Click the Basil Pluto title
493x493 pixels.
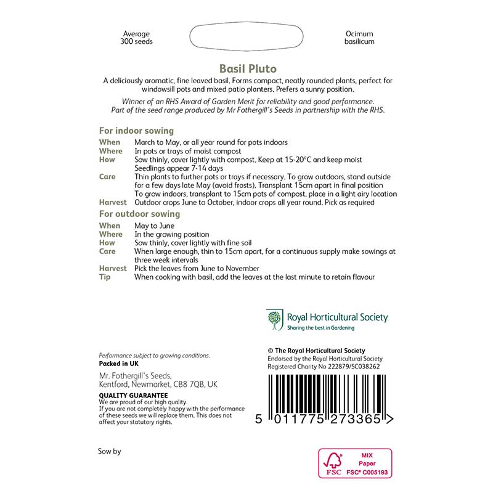248,68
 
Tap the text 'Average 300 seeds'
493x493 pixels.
136,38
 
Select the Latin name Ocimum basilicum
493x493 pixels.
359,38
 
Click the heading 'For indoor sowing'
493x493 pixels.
136,131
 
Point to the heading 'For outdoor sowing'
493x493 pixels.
139,214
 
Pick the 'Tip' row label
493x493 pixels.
105,277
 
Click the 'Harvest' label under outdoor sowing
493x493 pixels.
113,269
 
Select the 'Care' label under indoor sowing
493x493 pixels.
107,176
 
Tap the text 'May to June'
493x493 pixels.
154,226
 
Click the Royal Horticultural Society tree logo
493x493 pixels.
274,319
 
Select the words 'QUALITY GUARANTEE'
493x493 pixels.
133,395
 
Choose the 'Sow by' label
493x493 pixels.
110,451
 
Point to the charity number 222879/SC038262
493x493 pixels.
348,366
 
